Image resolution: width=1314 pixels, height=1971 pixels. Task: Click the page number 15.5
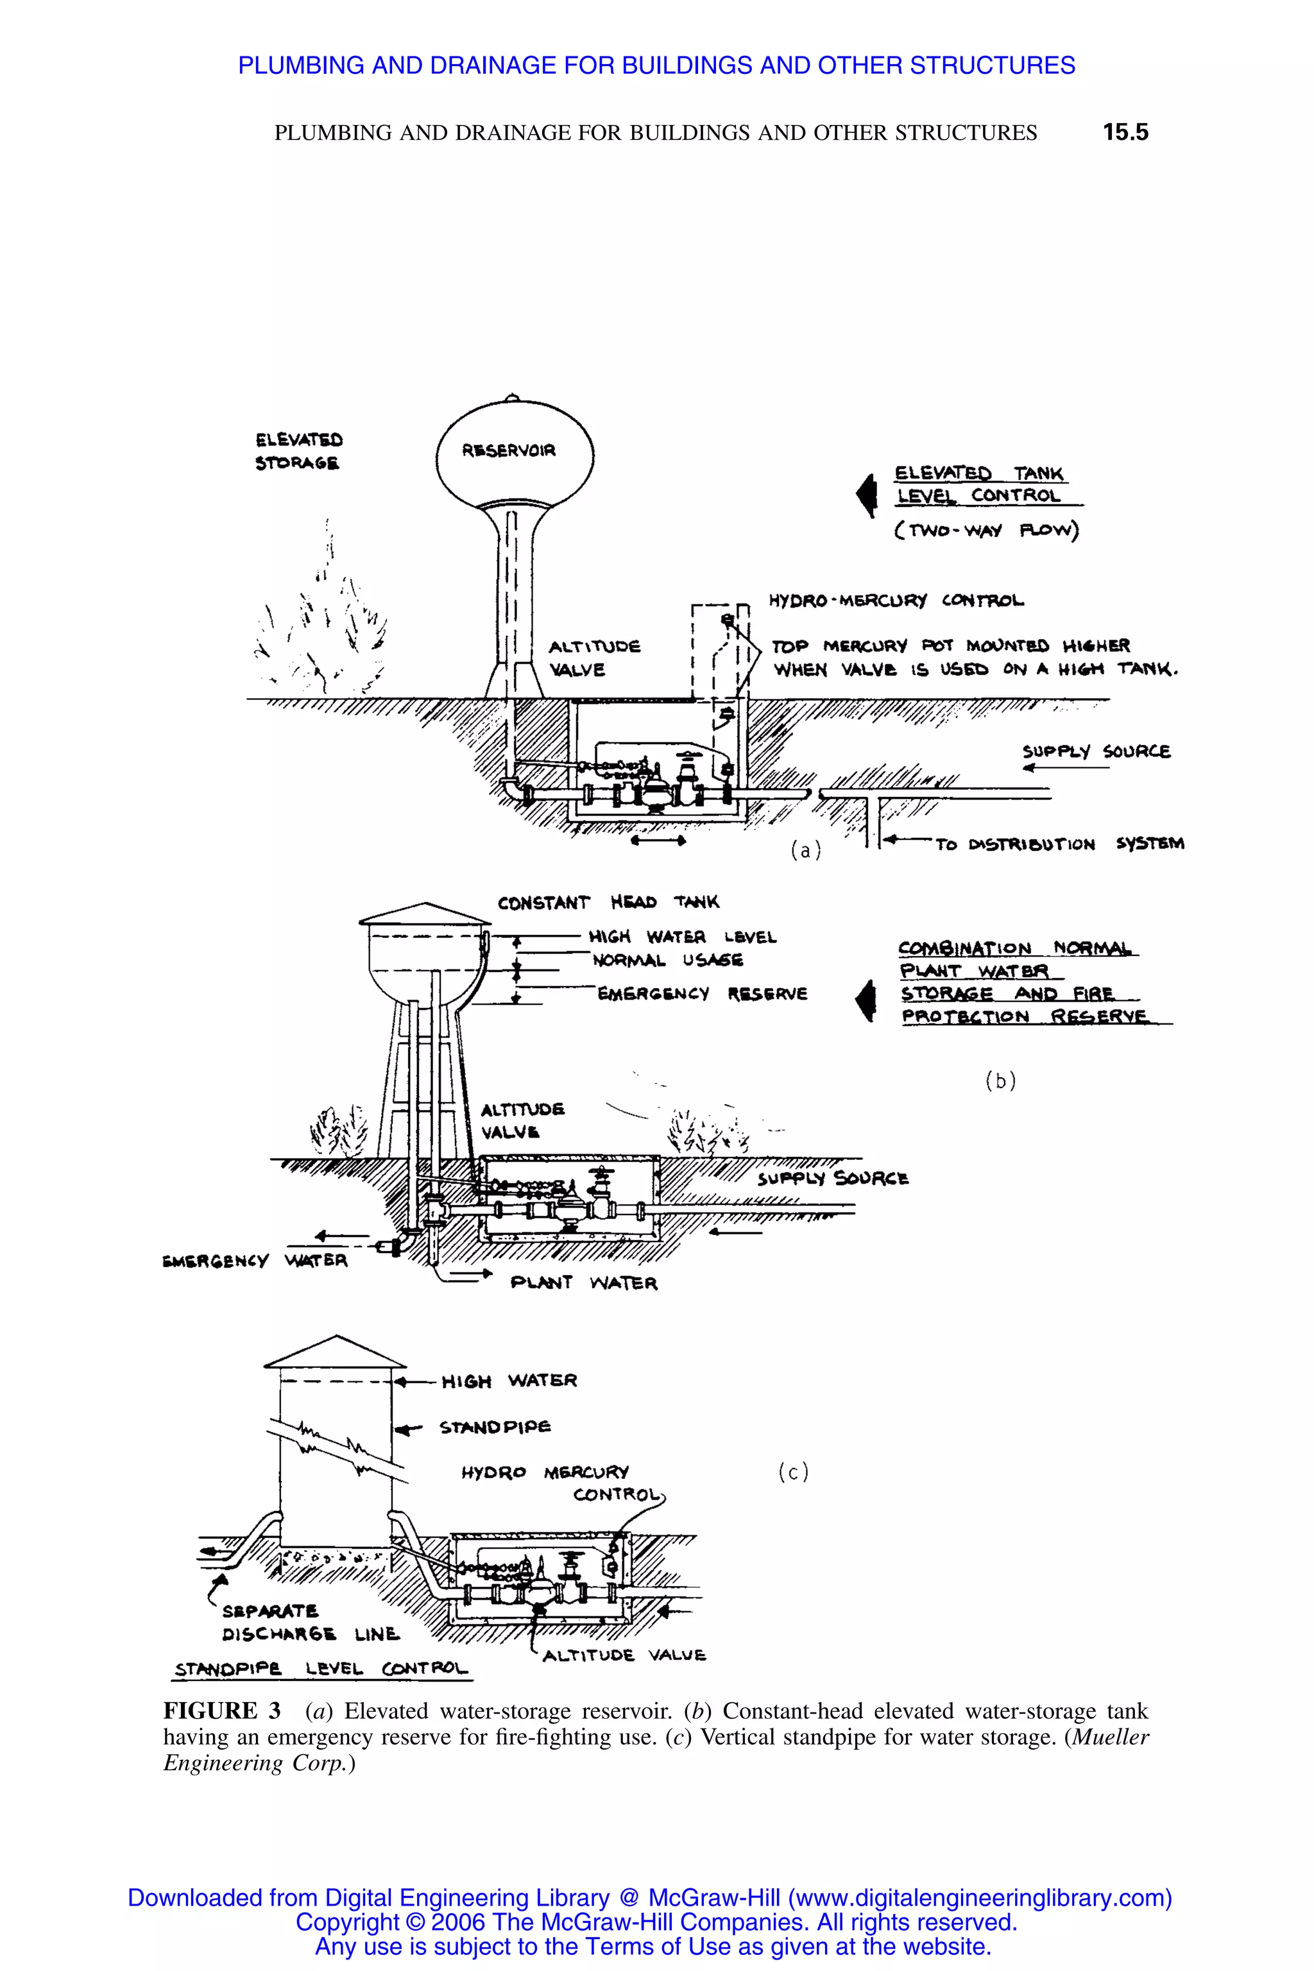[x=1125, y=132]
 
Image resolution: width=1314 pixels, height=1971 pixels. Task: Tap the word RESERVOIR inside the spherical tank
[x=508, y=451]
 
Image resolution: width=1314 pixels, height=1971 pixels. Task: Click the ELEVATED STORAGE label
[x=298, y=451]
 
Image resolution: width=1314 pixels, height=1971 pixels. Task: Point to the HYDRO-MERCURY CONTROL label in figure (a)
[x=896, y=601]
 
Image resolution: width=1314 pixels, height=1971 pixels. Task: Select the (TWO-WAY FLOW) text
[x=985, y=531]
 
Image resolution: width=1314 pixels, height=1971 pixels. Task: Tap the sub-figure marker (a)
[x=805, y=851]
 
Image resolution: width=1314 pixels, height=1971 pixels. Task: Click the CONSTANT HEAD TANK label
[x=608, y=903]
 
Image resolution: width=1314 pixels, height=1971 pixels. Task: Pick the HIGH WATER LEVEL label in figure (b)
[x=682, y=937]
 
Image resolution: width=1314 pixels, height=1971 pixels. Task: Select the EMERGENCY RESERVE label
[x=701, y=994]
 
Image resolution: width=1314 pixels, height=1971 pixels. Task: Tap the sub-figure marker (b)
[x=1000, y=1081]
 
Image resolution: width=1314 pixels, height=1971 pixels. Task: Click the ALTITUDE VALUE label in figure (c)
[x=624, y=1656]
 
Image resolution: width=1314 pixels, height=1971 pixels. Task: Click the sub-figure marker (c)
[x=793, y=1472]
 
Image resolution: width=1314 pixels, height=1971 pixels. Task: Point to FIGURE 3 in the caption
[x=221, y=1711]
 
